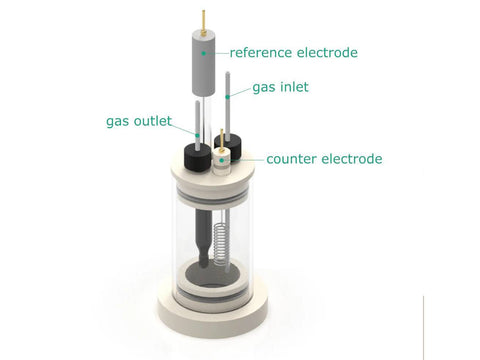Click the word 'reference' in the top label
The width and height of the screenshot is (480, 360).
point(261,53)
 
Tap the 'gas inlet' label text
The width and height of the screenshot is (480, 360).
point(280,87)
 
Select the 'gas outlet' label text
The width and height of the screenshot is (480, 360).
point(139,121)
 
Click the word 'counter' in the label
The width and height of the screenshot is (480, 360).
point(292,159)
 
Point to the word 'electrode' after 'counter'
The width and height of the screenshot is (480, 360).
point(352,159)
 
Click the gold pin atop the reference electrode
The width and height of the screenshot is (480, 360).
point(203,22)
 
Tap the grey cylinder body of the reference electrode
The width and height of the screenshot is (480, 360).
point(203,63)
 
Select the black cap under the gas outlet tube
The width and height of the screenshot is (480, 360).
point(197,157)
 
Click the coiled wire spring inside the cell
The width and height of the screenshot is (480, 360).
point(220,244)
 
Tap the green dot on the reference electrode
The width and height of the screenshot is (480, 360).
point(203,53)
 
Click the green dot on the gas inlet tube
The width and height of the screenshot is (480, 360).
point(228,97)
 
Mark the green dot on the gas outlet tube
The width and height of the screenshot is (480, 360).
point(198,135)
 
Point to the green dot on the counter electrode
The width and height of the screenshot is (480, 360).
point(222,160)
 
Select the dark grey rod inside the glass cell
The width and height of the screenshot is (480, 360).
point(203,238)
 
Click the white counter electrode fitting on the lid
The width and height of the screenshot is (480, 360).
point(222,162)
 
